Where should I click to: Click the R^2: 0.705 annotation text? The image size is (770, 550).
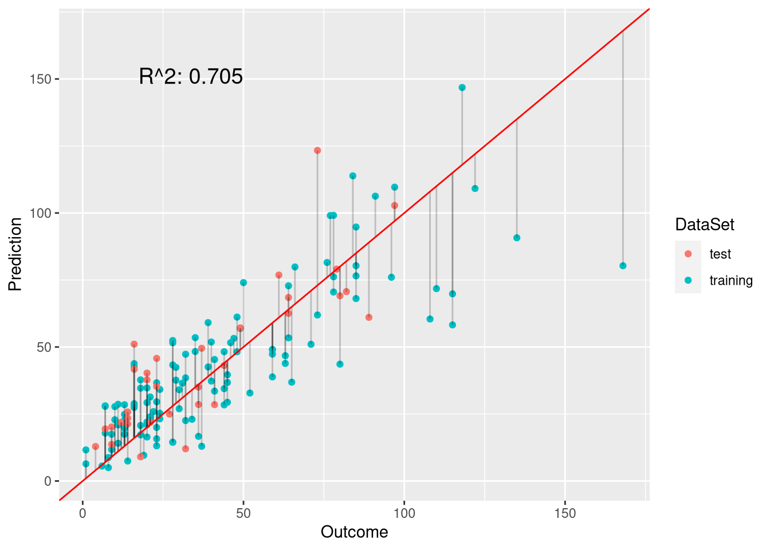(x=191, y=76)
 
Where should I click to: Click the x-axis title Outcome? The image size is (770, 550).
(x=354, y=532)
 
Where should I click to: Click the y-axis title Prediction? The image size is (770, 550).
(x=15, y=254)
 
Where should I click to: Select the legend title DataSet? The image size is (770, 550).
(x=704, y=225)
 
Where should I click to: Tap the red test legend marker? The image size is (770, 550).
(x=688, y=254)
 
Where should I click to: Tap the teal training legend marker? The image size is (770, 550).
(x=688, y=280)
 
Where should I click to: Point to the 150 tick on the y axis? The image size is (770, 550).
(x=44, y=79)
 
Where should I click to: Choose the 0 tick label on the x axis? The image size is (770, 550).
(x=83, y=513)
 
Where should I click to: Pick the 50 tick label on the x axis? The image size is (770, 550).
(x=243, y=513)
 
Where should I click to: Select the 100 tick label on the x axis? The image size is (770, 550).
(x=404, y=513)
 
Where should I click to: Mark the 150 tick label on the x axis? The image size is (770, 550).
(x=565, y=513)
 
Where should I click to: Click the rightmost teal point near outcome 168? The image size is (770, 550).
(x=623, y=266)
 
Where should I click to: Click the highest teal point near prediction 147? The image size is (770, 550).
(x=462, y=88)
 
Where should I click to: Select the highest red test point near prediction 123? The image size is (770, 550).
(x=317, y=151)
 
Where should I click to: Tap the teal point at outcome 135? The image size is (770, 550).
(x=517, y=238)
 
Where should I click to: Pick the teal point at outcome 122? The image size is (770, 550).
(x=475, y=188)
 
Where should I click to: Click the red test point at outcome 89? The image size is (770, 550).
(x=369, y=317)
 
